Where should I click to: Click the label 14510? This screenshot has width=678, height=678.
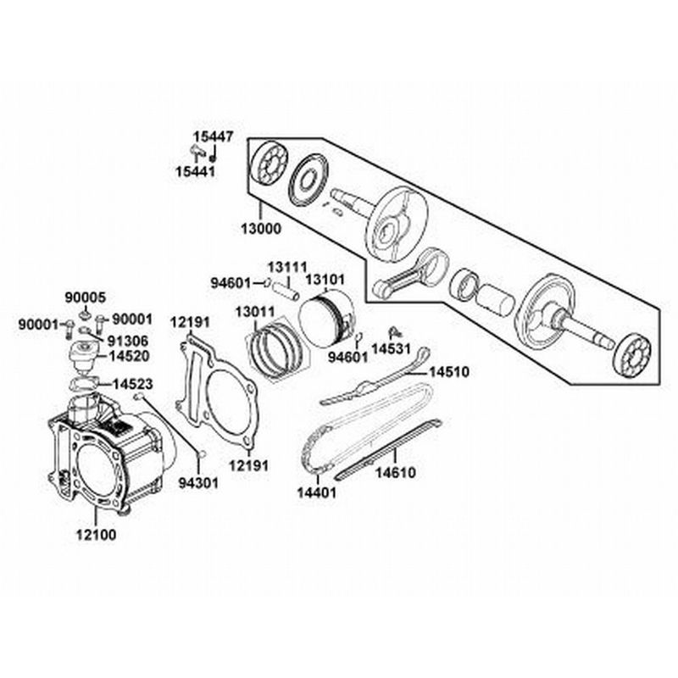coord(448,372)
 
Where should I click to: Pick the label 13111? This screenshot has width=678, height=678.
coord(287,266)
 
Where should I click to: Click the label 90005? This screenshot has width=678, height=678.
coord(86,297)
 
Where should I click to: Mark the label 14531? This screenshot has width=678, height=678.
coord(392,348)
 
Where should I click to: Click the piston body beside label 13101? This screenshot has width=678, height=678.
coord(326,320)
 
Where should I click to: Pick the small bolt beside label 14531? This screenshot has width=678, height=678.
coord(394,331)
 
